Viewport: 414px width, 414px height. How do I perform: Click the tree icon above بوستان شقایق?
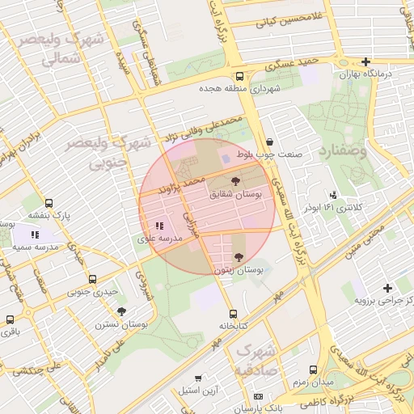pyautogui.click(x=235, y=181)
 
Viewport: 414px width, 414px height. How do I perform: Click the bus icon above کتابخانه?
pyautogui.click(x=234, y=314)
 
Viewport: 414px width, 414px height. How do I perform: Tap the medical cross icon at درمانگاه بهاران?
pyautogui.click(x=366, y=61)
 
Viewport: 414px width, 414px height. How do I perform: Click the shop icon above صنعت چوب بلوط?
pyautogui.click(x=269, y=142)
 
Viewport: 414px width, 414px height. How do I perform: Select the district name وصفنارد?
pyautogui.click(x=343, y=151)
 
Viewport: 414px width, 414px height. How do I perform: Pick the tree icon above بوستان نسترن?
pyautogui.click(x=121, y=311)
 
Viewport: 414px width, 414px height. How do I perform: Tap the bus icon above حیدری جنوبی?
pyautogui.click(x=93, y=279)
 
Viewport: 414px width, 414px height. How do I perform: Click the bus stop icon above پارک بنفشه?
pyautogui.click(x=49, y=204)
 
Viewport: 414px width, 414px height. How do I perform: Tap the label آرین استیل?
pyautogui.click(x=195, y=391)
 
